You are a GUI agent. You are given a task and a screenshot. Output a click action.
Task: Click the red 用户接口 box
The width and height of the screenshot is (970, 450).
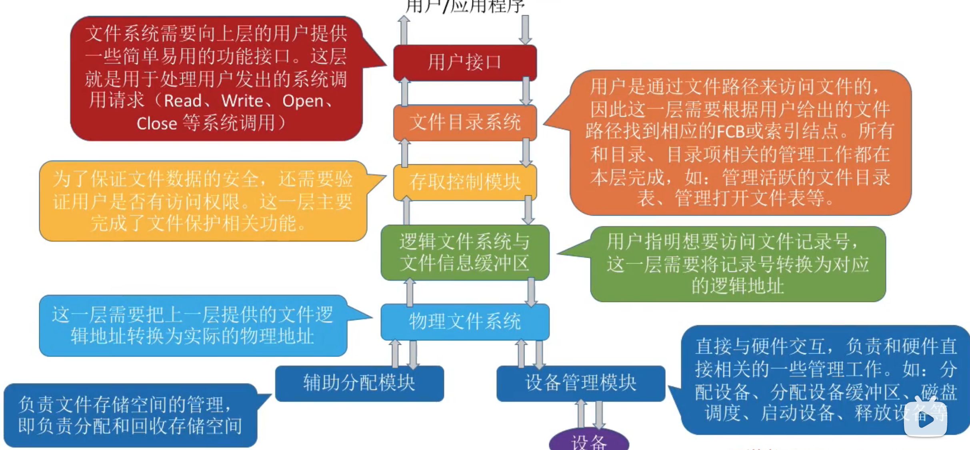(x=465, y=62)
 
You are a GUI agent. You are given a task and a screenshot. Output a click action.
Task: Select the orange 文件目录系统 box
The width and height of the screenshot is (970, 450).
(x=465, y=122)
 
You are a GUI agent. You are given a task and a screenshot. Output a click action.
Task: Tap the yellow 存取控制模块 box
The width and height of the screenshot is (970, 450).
(x=465, y=182)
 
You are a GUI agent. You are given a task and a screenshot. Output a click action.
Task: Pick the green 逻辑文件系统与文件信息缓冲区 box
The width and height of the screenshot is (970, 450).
(x=465, y=252)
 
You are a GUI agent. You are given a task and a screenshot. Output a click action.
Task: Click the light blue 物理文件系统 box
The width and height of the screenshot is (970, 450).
(x=465, y=322)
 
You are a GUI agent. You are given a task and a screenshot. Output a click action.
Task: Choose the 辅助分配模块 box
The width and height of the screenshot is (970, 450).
(x=359, y=383)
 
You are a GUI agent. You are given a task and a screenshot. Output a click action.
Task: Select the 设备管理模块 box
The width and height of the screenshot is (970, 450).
(x=580, y=383)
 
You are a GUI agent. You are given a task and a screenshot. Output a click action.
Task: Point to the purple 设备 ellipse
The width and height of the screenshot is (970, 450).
(x=589, y=442)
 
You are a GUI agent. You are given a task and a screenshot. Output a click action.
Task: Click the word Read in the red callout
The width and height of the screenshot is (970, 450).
(x=183, y=101)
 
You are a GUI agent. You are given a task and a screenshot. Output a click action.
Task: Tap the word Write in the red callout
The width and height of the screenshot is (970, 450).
(x=242, y=101)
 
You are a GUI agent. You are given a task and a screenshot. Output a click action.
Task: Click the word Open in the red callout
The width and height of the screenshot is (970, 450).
(x=303, y=101)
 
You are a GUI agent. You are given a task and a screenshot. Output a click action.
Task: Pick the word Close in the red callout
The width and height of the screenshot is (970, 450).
(x=157, y=124)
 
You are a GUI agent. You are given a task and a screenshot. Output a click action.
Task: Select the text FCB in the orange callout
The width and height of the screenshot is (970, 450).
(x=731, y=131)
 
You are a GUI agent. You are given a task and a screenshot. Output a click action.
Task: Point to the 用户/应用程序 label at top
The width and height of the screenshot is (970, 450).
(x=465, y=6)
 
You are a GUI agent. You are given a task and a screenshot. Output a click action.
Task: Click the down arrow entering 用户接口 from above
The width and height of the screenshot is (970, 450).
(x=525, y=30)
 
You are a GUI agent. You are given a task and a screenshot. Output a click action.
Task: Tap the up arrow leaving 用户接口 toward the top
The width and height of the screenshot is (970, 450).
(x=404, y=30)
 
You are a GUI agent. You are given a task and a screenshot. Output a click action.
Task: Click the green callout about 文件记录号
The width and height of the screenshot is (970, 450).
(x=738, y=264)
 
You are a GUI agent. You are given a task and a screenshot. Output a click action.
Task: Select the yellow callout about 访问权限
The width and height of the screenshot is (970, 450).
(x=203, y=201)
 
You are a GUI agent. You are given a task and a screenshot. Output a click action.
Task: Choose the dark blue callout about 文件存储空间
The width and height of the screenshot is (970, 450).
(x=130, y=415)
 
